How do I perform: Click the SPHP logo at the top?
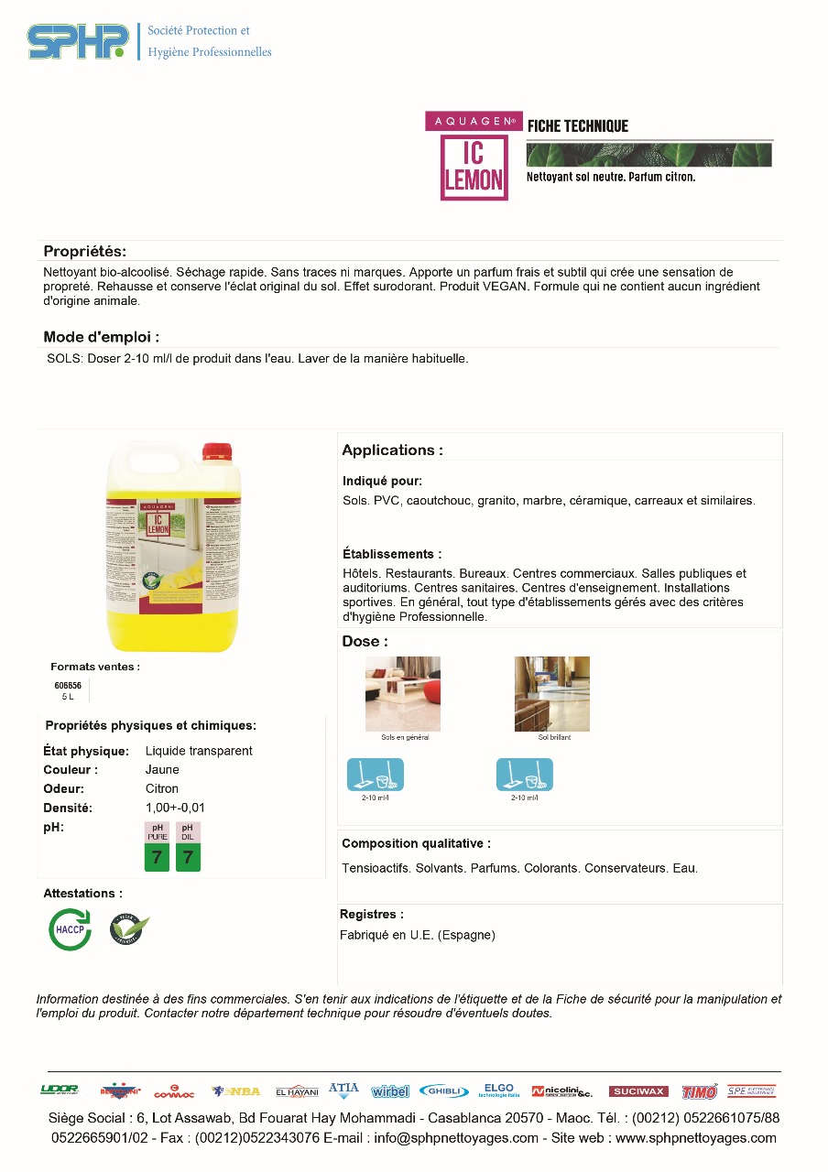click(x=78, y=41)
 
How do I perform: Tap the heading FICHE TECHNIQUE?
click(x=578, y=126)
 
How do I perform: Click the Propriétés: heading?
click(x=85, y=252)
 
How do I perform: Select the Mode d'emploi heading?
click(x=102, y=337)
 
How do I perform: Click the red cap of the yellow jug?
click(x=217, y=451)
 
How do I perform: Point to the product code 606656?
click(x=68, y=685)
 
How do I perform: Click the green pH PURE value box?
click(x=157, y=857)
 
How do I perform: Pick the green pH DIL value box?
click(x=188, y=857)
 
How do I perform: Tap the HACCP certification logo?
click(x=70, y=929)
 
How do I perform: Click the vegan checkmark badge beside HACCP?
click(x=129, y=928)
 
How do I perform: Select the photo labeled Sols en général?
click(x=403, y=693)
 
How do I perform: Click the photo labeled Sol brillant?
click(x=552, y=693)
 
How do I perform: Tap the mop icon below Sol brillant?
click(x=524, y=775)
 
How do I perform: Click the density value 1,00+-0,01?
click(x=175, y=808)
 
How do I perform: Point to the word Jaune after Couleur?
click(x=162, y=770)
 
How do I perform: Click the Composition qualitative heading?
click(x=416, y=843)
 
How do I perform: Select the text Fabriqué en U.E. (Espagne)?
click(x=418, y=935)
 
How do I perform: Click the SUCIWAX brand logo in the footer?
click(x=638, y=1091)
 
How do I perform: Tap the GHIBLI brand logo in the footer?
click(x=444, y=1091)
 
